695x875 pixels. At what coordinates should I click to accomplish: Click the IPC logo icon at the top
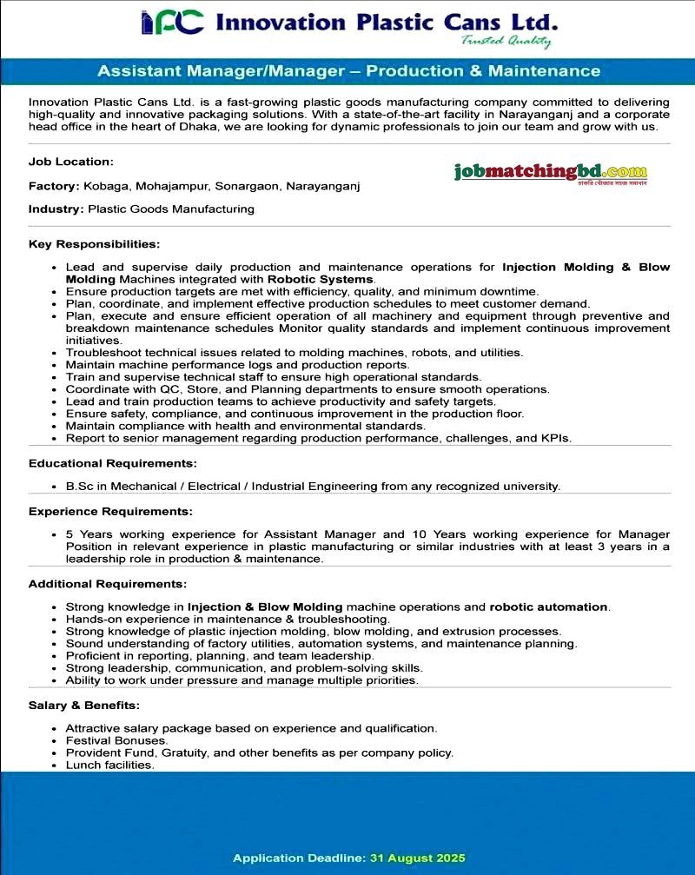(x=172, y=23)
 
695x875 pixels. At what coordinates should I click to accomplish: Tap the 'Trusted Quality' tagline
(x=506, y=41)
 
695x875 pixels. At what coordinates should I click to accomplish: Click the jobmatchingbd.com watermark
(x=550, y=172)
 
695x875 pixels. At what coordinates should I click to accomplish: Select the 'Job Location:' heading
(x=71, y=162)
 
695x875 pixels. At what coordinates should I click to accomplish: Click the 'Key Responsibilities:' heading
(x=95, y=244)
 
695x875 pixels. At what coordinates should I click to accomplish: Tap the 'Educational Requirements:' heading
(x=113, y=463)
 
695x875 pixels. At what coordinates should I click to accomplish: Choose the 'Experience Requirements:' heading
(x=110, y=511)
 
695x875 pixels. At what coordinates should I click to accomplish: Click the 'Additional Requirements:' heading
(x=108, y=583)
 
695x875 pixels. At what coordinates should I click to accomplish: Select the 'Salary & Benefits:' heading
(x=84, y=705)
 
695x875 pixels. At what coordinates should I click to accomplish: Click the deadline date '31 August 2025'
(x=418, y=858)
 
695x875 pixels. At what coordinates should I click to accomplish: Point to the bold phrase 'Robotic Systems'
(x=320, y=280)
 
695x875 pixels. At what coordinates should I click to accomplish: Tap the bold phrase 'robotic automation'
(x=548, y=607)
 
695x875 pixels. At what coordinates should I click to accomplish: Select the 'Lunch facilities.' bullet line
(x=110, y=765)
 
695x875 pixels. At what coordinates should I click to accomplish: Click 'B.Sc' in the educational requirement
(x=80, y=487)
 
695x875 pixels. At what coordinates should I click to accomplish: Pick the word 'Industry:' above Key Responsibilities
(x=56, y=209)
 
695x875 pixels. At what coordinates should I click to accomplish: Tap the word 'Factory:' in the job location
(x=54, y=186)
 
